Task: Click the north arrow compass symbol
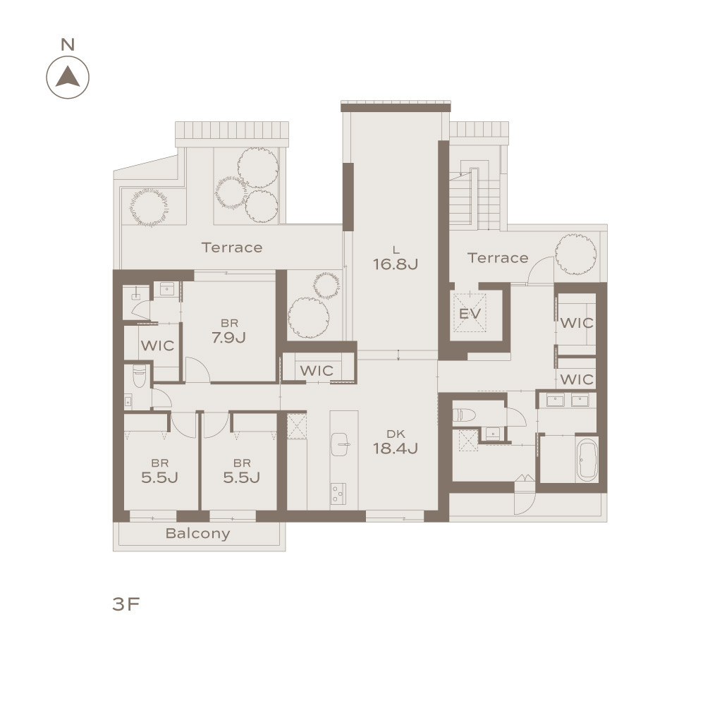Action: click(68, 78)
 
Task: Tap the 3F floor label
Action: click(126, 604)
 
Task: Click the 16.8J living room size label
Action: click(395, 264)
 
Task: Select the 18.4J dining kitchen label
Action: click(395, 448)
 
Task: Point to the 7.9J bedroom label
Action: click(229, 338)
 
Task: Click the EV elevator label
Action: click(470, 314)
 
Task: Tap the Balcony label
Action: click(197, 533)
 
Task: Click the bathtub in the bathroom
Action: click(587, 459)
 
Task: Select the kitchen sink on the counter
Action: click(341, 444)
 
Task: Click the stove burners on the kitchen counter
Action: click(338, 493)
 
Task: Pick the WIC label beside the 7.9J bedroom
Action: click(157, 345)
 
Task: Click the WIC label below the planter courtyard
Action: click(317, 371)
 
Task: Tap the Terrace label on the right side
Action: click(498, 258)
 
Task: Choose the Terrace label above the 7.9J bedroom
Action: click(232, 247)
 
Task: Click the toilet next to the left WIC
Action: click(139, 376)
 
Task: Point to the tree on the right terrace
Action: click(575, 254)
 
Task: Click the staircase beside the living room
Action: click(475, 199)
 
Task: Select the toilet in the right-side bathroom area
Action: click(463, 415)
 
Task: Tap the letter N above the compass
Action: click(68, 44)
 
